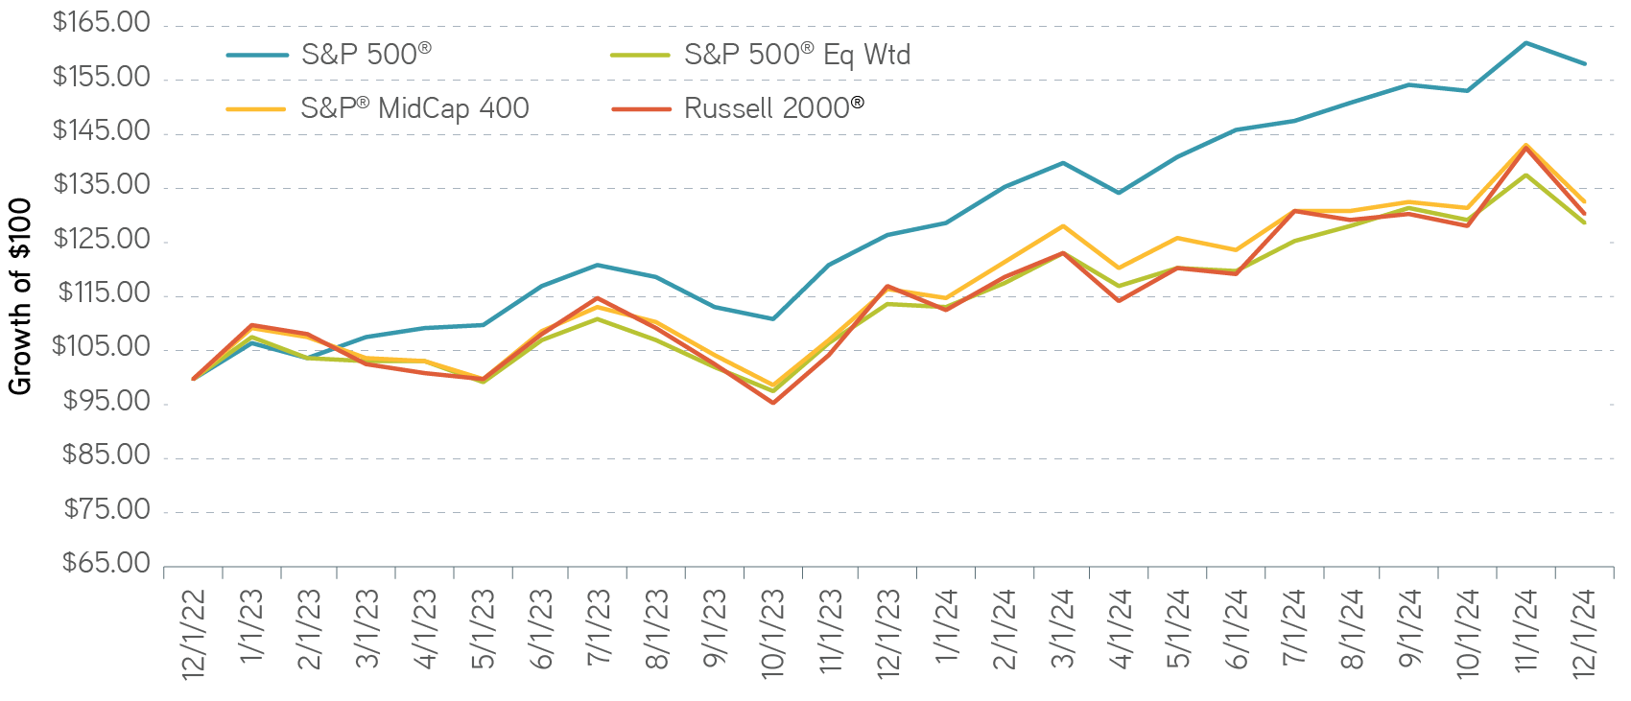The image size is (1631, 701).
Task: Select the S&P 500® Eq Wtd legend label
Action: [796, 55]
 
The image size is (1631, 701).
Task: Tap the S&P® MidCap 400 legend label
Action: [414, 108]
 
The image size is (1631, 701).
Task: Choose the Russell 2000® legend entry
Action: [773, 108]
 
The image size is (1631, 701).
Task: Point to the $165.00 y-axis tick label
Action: [102, 22]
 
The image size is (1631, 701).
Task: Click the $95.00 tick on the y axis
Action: [106, 401]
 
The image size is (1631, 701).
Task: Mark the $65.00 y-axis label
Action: [106, 563]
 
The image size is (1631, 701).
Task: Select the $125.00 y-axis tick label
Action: [102, 239]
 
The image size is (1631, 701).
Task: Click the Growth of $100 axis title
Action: [21, 295]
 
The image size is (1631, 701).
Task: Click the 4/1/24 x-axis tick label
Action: [1121, 633]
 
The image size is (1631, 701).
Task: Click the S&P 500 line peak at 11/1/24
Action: [1525, 42]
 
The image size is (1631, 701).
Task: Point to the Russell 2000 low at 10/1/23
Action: [772, 403]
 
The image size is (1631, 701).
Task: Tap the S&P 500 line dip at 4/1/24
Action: [1120, 193]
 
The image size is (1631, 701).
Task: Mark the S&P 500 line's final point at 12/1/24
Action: [1584, 64]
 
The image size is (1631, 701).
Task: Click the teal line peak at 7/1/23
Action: [599, 265]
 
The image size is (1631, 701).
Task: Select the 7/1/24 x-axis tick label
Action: [1294, 633]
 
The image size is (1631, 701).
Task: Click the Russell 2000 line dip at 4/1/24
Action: [1120, 301]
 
